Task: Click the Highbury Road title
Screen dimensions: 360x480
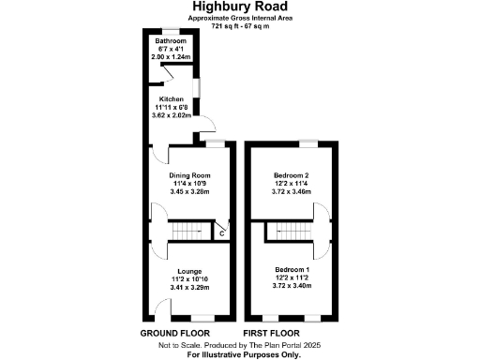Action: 239,8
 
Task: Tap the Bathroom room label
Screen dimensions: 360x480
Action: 172,41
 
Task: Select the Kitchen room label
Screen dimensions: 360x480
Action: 171,98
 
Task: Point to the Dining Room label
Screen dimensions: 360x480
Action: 189,175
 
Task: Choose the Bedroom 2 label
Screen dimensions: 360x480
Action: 292,175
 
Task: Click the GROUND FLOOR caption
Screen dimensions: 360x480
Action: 173,334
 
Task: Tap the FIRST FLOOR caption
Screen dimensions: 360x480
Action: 272,334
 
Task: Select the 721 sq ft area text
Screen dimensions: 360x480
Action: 239,26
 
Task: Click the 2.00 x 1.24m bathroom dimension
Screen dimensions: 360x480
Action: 172,56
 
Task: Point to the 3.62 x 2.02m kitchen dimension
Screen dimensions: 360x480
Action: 171,113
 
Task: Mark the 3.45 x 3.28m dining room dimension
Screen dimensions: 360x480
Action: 189,191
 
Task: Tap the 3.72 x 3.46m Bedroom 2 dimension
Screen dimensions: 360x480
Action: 292,191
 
